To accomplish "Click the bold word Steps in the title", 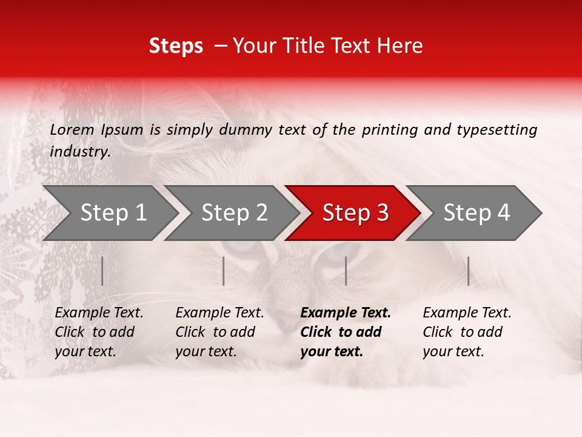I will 176,46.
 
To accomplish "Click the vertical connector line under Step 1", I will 102,271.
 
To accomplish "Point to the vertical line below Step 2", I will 224,271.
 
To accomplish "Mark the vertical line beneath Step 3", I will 346,271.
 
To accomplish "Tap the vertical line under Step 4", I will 468,271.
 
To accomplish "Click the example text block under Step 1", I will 99,332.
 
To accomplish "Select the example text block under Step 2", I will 219,332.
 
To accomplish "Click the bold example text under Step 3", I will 346,332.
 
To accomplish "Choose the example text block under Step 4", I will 467,332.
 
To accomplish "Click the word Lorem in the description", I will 72,129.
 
